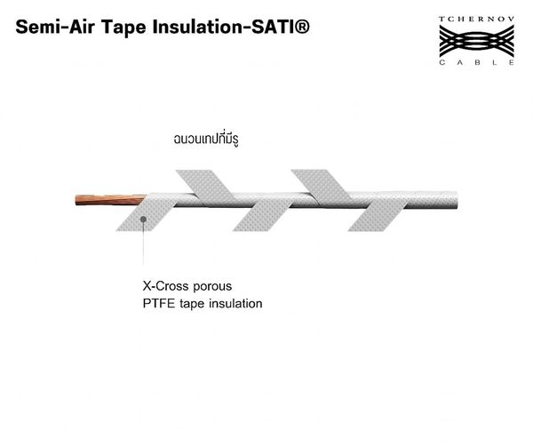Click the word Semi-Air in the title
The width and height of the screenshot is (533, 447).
[x=55, y=27]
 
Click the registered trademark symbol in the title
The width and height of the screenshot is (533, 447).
[x=301, y=27]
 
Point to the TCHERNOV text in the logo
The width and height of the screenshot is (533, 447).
[x=476, y=19]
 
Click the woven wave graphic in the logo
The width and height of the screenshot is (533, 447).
[x=476, y=41]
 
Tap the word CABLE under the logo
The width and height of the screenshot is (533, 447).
[x=476, y=62]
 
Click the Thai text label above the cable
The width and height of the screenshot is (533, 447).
[x=206, y=139]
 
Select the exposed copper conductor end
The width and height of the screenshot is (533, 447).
[x=109, y=200]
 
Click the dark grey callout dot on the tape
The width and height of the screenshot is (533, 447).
[x=143, y=220]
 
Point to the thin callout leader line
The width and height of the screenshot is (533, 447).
[x=143, y=243]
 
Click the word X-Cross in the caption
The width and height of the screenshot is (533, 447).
[x=166, y=286]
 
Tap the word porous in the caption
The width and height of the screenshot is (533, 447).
[x=212, y=288]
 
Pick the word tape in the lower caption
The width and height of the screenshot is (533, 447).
[x=192, y=304]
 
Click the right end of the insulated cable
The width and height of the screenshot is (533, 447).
[x=457, y=200]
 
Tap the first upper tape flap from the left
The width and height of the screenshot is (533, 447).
[x=206, y=187]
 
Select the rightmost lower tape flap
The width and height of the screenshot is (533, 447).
[x=378, y=215]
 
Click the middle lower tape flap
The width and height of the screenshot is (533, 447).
[x=262, y=215]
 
